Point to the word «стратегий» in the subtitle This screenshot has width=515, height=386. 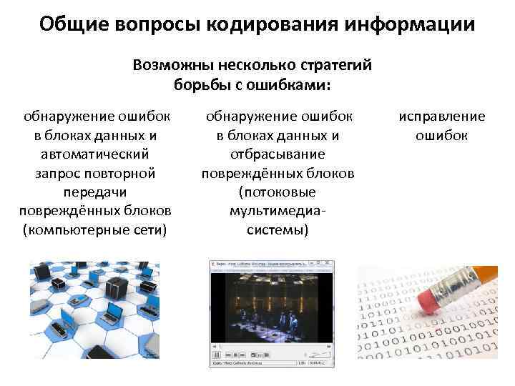point(335,66)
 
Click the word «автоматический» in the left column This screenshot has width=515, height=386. point(95,154)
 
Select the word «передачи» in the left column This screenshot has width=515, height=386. point(95,192)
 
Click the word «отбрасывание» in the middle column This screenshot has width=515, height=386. point(278,154)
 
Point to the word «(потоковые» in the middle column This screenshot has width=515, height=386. point(278,192)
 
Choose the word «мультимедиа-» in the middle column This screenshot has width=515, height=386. point(278,211)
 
